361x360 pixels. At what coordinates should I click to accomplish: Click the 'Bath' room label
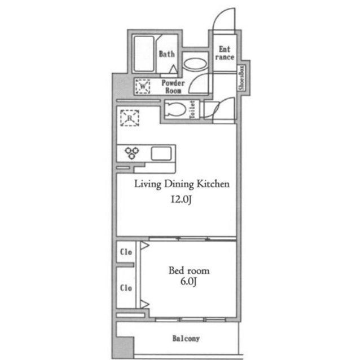pyautogui.click(x=166, y=54)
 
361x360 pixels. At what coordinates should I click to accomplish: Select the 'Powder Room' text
pyautogui.click(x=173, y=86)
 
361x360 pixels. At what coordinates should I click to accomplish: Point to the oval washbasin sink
pyautogui.click(x=196, y=63)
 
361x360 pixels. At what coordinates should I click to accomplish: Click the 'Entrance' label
pyautogui.click(x=226, y=53)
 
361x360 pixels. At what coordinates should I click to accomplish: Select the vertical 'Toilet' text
pyautogui.click(x=192, y=109)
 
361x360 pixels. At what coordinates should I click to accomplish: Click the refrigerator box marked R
pyautogui.click(x=129, y=118)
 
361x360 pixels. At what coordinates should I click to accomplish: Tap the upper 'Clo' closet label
pyautogui.click(x=126, y=252)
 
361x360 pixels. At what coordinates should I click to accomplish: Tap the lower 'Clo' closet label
pyautogui.click(x=126, y=288)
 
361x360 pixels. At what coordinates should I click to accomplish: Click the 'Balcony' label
pyautogui.click(x=186, y=339)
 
